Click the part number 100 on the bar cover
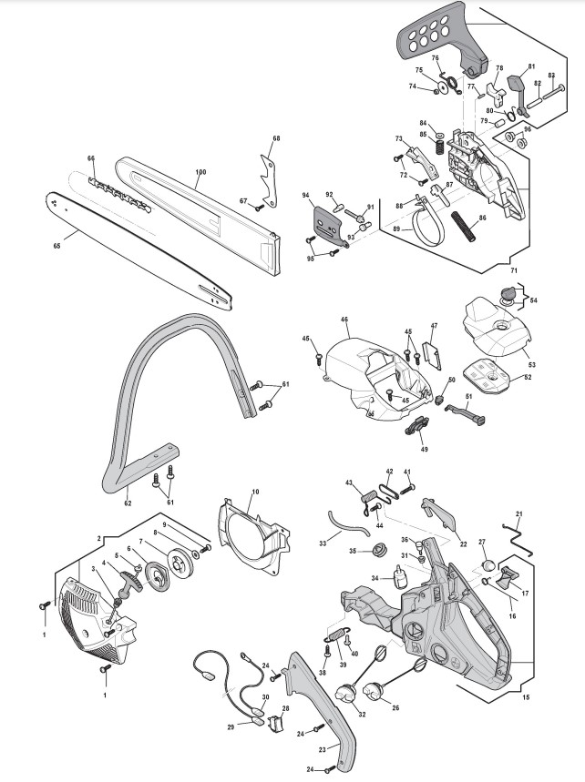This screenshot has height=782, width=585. [x=200, y=171]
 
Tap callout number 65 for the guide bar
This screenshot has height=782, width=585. [x=56, y=245]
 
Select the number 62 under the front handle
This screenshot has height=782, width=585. [x=128, y=503]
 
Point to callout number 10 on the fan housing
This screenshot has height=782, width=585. [x=255, y=493]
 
